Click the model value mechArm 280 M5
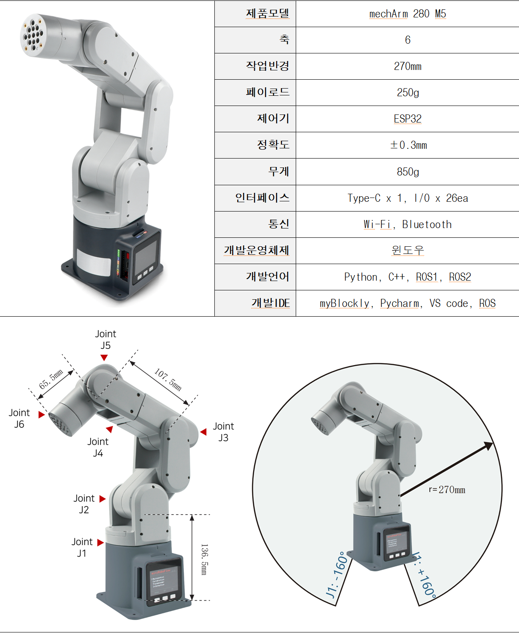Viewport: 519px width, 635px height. coord(408,14)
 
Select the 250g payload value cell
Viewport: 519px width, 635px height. coord(408,92)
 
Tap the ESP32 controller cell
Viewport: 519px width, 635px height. coord(408,119)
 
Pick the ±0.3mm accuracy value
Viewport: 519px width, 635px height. coord(408,145)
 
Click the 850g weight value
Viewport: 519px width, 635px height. coord(408,172)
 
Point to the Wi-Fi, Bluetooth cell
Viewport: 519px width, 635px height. coord(408,224)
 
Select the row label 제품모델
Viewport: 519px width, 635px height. coord(267,14)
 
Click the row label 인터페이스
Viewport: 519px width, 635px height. coord(262,198)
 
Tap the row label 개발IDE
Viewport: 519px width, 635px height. coord(270,303)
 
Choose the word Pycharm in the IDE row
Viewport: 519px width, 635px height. coord(400,304)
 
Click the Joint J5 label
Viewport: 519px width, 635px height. coord(105,340)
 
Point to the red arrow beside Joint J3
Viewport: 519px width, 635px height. coord(203,432)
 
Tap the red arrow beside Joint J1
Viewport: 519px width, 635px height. coord(100,543)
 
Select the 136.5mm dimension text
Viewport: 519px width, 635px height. coord(204,559)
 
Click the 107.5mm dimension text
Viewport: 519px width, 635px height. coord(168,379)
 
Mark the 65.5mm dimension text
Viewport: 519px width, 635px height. coord(51,379)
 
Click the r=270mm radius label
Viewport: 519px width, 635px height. coord(447,490)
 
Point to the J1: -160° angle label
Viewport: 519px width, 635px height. coord(337,574)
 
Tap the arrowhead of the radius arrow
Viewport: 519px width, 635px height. coord(489,446)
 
